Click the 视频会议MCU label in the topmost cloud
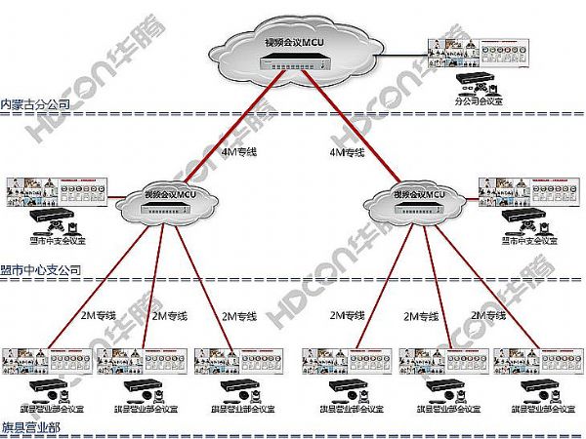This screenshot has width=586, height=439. (293, 43)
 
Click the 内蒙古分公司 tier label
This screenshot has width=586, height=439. (35, 104)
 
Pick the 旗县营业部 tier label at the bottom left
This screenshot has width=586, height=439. (29, 427)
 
